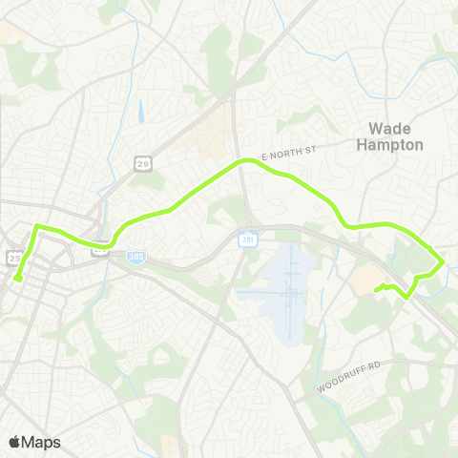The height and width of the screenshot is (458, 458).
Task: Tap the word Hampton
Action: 389,145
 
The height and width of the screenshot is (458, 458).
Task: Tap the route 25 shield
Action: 14,257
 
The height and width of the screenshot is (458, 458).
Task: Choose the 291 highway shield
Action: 247,237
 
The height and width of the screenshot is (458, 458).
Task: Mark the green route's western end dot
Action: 18,279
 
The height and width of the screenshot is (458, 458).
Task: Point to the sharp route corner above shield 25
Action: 36,226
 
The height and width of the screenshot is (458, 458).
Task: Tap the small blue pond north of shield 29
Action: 140,113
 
